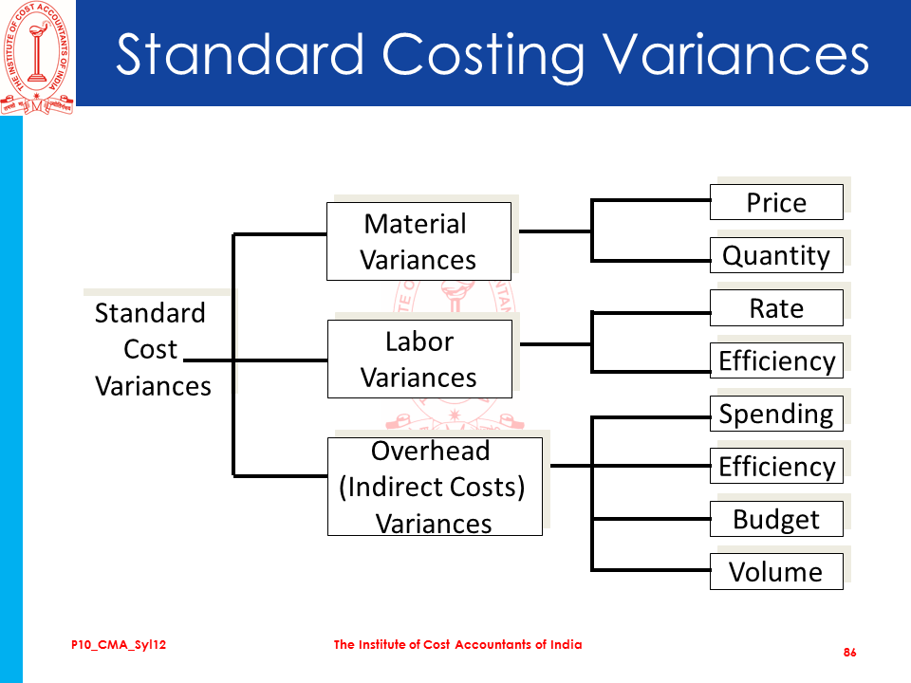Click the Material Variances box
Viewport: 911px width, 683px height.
point(418,241)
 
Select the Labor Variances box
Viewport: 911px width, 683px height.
point(419,359)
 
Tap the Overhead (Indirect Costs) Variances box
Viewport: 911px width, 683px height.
point(435,487)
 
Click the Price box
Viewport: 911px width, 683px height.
point(776,202)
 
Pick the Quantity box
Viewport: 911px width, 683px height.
point(776,255)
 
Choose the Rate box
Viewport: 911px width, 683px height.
point(776,307)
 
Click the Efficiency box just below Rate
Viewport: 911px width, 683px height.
point(776,360)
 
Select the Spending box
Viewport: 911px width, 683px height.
point(776,414)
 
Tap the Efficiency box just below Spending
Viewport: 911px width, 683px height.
point(776,466)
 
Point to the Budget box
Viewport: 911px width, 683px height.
point(776,519)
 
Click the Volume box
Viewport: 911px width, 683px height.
point(776,571)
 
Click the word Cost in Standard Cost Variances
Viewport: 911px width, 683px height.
point(150,349)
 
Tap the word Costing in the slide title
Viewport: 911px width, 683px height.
point(483,56)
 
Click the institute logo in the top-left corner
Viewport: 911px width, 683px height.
point(37,58)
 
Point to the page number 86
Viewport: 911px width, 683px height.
point(849,653)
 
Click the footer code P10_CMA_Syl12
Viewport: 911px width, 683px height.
point(119,645)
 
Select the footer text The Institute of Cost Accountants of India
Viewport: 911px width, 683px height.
point(457,644)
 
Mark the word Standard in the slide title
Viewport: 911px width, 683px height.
point(240,55)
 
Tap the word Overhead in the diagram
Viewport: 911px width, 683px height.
point(431,451)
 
